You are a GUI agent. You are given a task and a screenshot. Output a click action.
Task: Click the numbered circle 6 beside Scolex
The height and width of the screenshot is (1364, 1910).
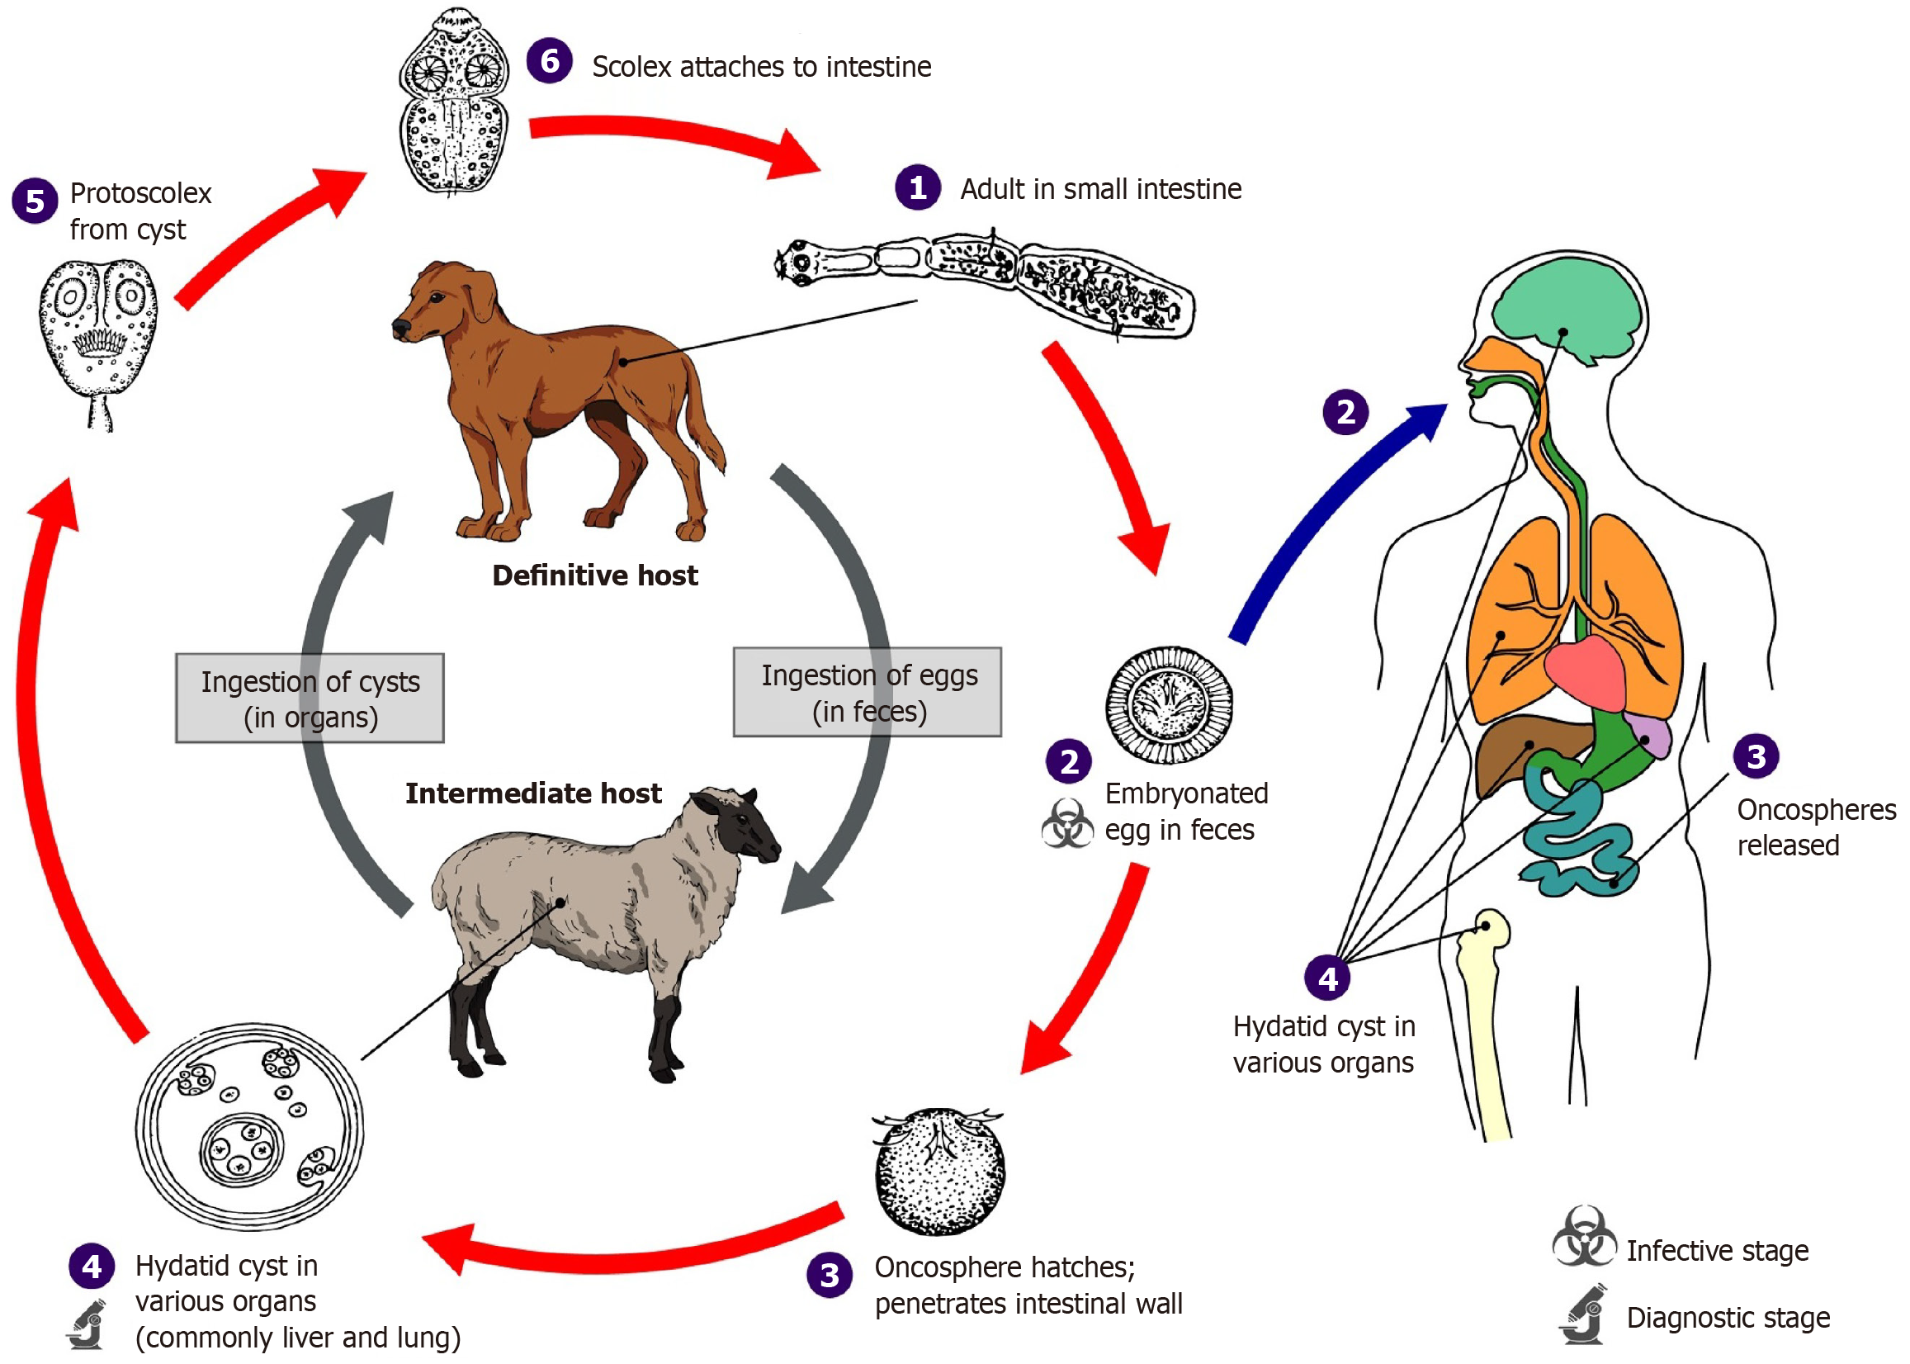pyautogui.click(x=549, y=60)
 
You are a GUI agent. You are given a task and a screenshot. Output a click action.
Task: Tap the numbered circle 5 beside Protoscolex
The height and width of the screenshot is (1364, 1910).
pyautogui.click(x=35, y=201)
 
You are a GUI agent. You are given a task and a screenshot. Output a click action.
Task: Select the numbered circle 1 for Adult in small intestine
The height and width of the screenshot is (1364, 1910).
pyautogui.click(x=917, y=187)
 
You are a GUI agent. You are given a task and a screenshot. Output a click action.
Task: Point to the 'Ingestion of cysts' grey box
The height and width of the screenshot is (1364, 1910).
pyautogui.click(x=310, y=698)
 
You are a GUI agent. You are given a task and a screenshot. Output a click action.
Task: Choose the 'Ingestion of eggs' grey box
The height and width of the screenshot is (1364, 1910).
pyautogui.click(x=868, y=692)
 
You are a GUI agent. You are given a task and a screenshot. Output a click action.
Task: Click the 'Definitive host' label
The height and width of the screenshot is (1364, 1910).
pyautogui.click(x=594, y=575)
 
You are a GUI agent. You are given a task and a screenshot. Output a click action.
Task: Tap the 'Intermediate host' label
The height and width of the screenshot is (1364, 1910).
pyautogui.click(x=533, y=793)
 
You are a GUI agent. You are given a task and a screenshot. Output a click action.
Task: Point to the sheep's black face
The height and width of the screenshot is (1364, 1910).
pyautogui.click(x=743, y=827)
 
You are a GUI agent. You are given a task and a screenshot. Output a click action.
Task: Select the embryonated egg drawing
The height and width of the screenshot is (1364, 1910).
pyautogui.click(x=1169, y=703)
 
